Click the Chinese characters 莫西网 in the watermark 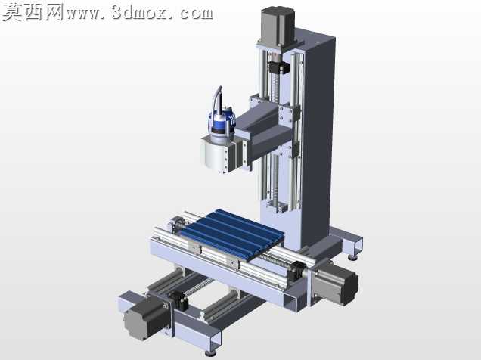(32, 12)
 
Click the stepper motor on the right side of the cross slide (335, 284)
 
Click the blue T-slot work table (232, 234)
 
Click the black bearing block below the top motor (278, 67)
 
